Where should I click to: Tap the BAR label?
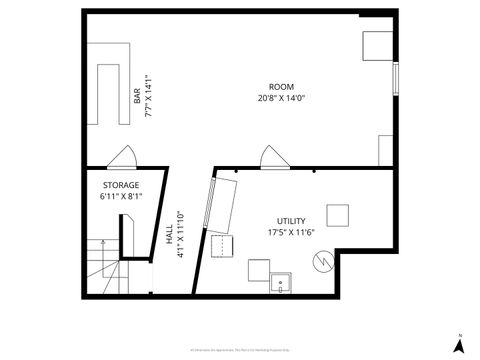click(137, 96)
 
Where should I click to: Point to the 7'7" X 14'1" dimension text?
click(148, 96)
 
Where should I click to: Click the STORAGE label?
click(121, 186)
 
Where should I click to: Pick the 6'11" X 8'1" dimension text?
click(121, 197)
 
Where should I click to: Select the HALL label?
click(168, 235)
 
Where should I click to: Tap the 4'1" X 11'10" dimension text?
click(180, 235)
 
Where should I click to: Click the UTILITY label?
click(291, 221)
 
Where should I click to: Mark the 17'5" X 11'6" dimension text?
click(291, 232)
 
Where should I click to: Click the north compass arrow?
click(458, 344)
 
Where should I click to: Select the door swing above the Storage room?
click(123, 157)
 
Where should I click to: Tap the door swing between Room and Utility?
click(269, 157)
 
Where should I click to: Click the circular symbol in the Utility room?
click(322, 263)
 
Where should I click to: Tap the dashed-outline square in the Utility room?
click(221, 246)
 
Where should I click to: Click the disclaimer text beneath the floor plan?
click(240, 349)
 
